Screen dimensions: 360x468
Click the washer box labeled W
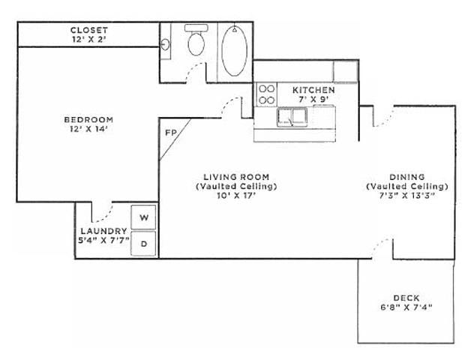coord(145,217)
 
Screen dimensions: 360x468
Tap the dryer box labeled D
coord(145,244)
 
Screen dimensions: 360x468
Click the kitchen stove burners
coord(266,94)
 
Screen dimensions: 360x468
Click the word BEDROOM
coord(88,119)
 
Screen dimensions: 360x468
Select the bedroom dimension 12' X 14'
coord(88,129)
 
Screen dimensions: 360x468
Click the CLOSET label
coord(88,29)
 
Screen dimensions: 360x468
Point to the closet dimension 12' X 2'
coord(88,38)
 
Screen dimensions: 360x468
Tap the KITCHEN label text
coord(313,90)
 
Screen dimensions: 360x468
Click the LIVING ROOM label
coord(236,177)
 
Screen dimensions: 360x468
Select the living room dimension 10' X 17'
coord(236,195)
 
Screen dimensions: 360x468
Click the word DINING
coord(407,177)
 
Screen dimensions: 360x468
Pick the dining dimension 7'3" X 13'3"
coord(407,195)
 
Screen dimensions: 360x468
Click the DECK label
coord(407,296)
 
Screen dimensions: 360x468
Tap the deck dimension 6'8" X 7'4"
coord(407,306)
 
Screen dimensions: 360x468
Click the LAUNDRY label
coord(103,231)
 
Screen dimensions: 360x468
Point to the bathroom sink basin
coord(165,43)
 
